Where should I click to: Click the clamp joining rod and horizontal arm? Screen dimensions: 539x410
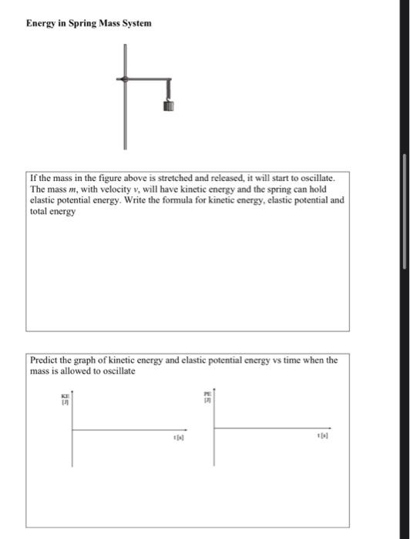pyautogui.click(x=124, y=79)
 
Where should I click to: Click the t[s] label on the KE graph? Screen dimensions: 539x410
pyautogui.click(x=179, y=437)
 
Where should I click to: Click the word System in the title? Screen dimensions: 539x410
pyautogui.click(x=134, y=23)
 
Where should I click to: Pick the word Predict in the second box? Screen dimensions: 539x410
pyautogui.click(x=47, y=360)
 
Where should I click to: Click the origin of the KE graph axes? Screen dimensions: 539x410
pyautogui.click(x=72, y=430)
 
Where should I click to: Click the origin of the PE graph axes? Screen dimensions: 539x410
pyautogui.click(x=214, y=428)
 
